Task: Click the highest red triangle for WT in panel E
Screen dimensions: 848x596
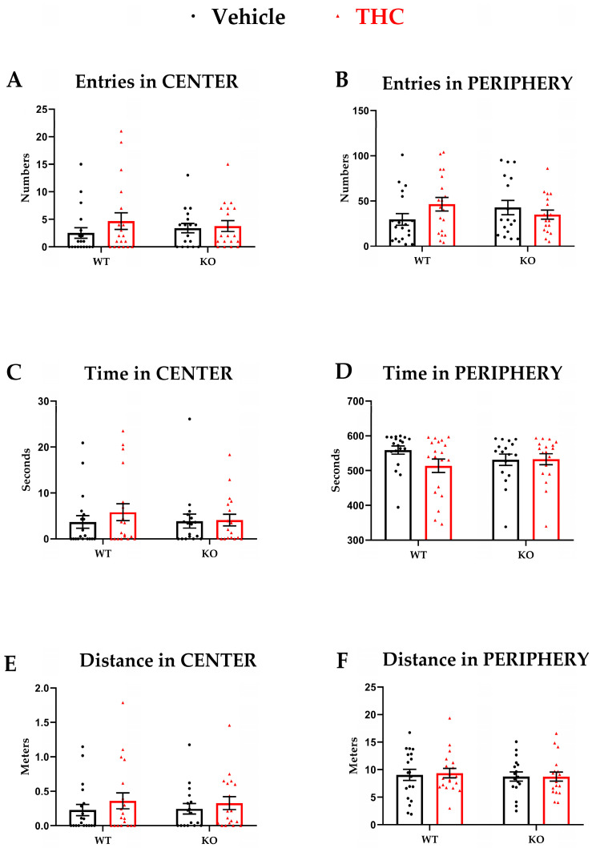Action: click(x=123, y=702)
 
